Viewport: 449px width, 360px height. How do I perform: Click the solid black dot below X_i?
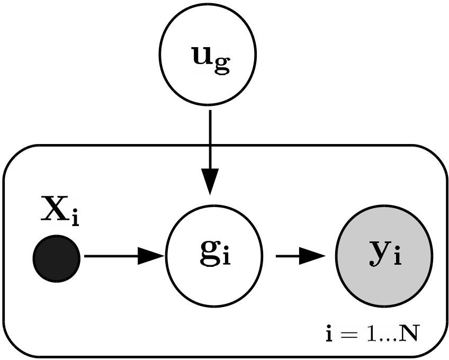pyautogui.click(x=57, y=258)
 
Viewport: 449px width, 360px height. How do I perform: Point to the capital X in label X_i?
pyautogui.click(x=55, y=211)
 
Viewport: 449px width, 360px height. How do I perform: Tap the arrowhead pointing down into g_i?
pyautogui.click(x=210, y=183)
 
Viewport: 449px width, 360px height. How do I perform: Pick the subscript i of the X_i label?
pyautogui.click(x=75, y=219)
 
